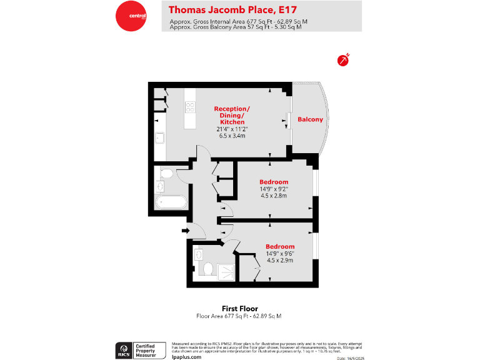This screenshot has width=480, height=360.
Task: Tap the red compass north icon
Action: pyautogui.click(x=342, y=60)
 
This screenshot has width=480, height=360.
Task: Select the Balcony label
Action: pyautogui.click(x=310, y=119)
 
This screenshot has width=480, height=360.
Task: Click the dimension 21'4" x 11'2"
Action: pyautogui.click(x=231, y=129)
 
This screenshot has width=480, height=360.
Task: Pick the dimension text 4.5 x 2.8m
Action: pyautogui.click(x=273, y=196)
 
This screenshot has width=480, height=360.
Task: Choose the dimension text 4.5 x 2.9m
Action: pyautogui.click(x=279, y=260)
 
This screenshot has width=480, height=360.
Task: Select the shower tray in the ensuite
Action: pyautogui.click(x=226, y=269)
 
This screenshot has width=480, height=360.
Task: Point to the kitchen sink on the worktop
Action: pyautogui.click(x=159, y=138)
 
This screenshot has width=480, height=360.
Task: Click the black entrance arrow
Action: pyautogui.click(x=186, y=231)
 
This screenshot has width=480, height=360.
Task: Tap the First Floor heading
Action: pyautogui.click(x=239, y=308)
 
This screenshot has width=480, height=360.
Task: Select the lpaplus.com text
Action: pyautogui.click(x=186, y=356)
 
